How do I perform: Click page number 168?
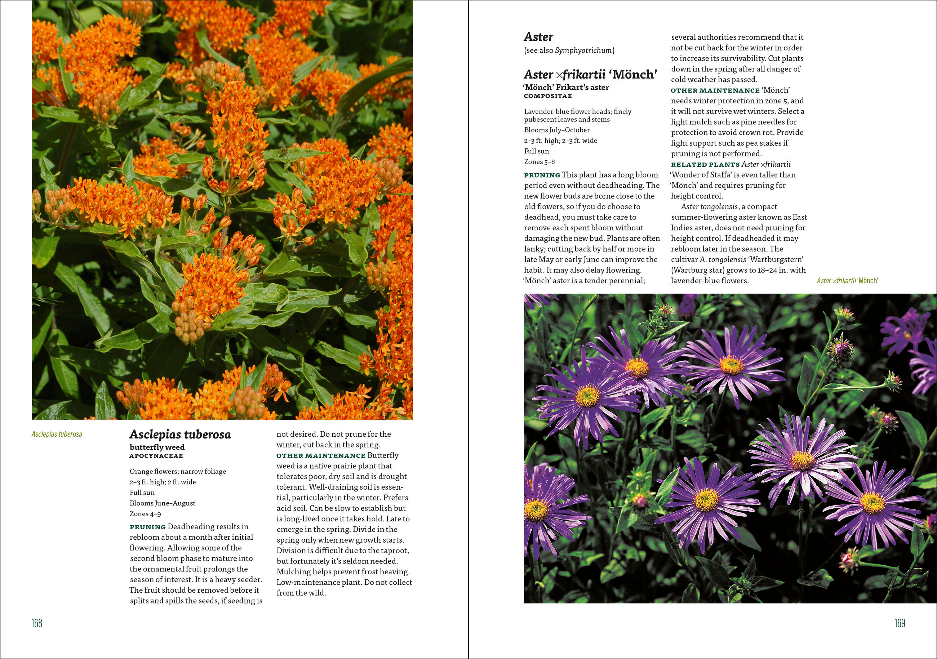click(x=37, y=623)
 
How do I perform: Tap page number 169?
click(x=900, y=623)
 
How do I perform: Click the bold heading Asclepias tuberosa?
click(x=180, y=435)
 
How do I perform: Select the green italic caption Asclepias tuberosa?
click(x=57, y=434)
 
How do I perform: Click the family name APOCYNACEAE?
click(x=156, y=456)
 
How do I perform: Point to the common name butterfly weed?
click(x=157, y=447)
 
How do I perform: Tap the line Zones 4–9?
click(x=145, y=514)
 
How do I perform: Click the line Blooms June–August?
click(x=163, y=503)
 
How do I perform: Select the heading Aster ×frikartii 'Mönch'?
click(x=591, y=75)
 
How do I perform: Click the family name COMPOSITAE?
click(x=548, y=96)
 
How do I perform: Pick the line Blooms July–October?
click(x=557, y=130)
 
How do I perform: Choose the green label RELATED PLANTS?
click(x=705, y=164)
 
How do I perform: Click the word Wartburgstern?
click(x=777, y=259)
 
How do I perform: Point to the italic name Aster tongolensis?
click(x=709, y=207)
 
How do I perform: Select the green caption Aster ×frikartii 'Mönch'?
click(x=847, y=281)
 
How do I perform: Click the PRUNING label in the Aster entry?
click(x=542, y=175)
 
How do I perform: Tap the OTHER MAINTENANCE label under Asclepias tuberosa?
click(x=321, y=456)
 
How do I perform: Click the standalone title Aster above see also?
click(x=538, y=37)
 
